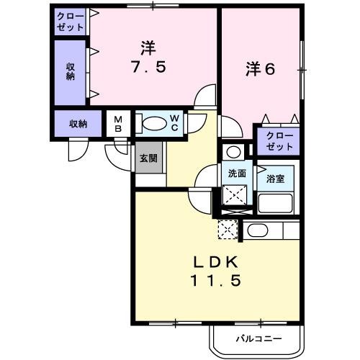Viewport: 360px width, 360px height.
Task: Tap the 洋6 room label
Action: (261, 69)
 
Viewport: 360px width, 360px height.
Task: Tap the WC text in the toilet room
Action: (175, 123)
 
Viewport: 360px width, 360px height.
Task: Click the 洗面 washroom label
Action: (237, 174)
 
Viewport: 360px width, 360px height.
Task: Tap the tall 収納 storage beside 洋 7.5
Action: (71, 71)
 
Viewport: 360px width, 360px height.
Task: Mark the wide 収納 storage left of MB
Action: (78, 123)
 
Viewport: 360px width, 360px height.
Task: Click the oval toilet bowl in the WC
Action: (153, 123)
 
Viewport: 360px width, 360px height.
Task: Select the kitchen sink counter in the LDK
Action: (271, 231)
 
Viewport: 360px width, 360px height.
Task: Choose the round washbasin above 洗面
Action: (232, 152)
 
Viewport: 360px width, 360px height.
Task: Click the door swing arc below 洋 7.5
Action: (207, 95)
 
